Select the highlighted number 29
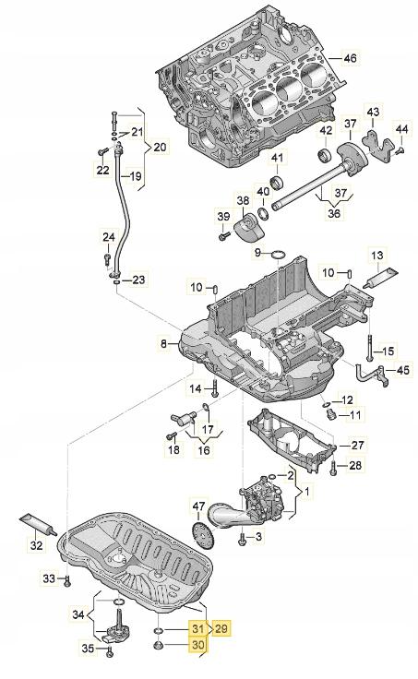222,628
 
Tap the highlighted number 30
197,646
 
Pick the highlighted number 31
197,628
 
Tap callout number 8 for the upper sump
163,343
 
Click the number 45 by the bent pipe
401,371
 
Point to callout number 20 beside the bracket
160,147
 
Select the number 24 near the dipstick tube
109,238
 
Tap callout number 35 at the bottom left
89,649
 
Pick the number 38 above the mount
243,201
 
